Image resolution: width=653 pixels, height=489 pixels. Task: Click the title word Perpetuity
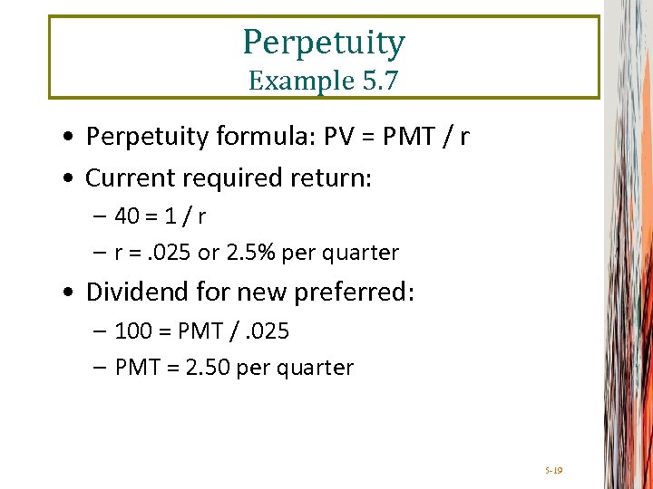pyautogui.click(x=324, y=43)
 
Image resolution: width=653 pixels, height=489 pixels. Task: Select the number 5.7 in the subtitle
pyautogui.click(x=378, y=81)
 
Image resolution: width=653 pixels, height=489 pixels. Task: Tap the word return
pyautogui.click(x=337, y=178)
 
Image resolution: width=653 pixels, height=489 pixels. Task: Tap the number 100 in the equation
pyautogui.click(x=133, y=331)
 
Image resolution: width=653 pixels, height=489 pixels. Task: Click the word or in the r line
pyautogui.click(x=209, y=253)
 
